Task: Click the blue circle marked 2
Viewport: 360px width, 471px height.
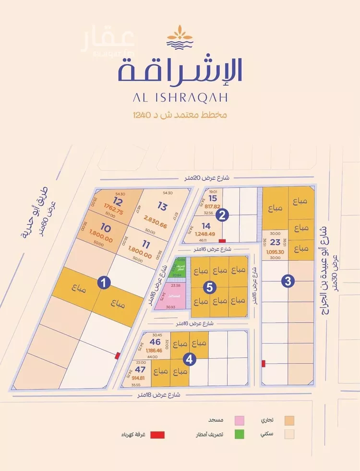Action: [x=221, y=215]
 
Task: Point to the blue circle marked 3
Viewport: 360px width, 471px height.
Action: [x=288, y=282]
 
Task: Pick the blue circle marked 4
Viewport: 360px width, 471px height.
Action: [x=191, y=358]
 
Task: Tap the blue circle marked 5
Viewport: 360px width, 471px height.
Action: [x=210, y=287]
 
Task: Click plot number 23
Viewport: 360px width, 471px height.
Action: [x=275, y=242]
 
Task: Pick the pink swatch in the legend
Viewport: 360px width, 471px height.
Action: [x=239, y=420]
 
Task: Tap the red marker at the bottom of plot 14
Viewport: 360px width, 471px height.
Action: [x=221, y=241]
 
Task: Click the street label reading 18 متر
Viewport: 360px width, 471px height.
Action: [x=158, y=395]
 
